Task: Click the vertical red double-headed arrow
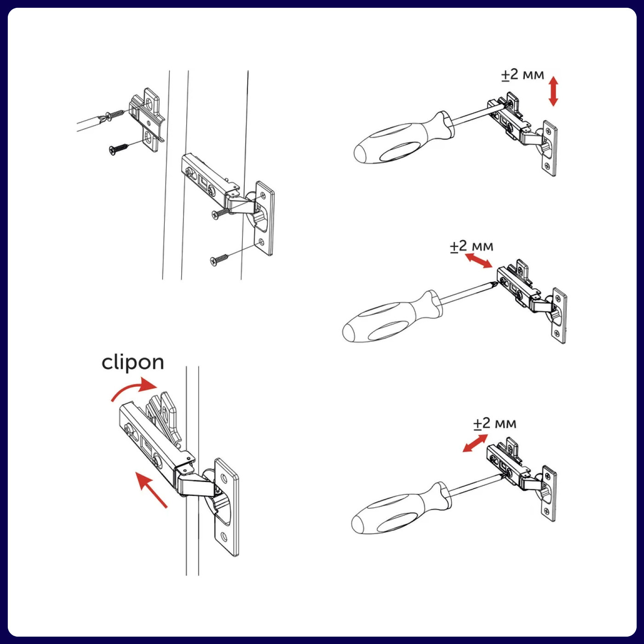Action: [553, 91]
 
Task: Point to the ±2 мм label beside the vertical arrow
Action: [523, 75]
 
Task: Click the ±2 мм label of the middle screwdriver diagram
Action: [471, 246]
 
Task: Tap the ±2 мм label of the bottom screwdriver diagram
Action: [494, 423]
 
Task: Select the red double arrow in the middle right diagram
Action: [478, 261]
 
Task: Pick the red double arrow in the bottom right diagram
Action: [475, 443]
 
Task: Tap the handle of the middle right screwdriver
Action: [394, 317]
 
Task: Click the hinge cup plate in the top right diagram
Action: [549, 148]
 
